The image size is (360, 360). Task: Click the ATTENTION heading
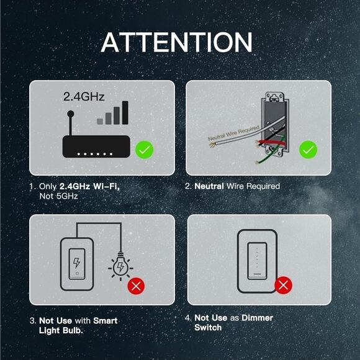coord(176,42)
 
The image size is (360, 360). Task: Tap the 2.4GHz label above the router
coord(84,96)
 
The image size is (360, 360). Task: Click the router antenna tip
coord(71,114)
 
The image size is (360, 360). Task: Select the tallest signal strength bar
coord(125,112)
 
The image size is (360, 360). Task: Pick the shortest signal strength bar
coord(100,122)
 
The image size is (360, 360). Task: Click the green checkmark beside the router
coord(144,150)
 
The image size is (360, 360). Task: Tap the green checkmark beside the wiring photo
coord(308,150)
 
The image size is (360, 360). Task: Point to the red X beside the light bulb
coord(136,286)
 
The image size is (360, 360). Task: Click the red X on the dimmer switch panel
coord(284,285)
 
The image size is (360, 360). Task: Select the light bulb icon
coord(120,266)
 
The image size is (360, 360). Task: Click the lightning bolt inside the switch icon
coord(77,263)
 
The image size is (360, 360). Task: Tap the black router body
coord(96,146)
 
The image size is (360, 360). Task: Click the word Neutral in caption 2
coord(209,186)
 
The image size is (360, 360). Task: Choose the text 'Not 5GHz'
coord(58,196)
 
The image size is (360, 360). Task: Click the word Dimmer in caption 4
coord(257,318)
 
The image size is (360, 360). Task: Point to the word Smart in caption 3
coord(105,320)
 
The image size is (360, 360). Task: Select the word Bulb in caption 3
coord(73,330)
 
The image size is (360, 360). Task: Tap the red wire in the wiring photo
coord(271,143)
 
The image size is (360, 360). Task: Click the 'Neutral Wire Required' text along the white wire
coord(234,133)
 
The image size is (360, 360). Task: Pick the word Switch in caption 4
coord(208,327)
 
